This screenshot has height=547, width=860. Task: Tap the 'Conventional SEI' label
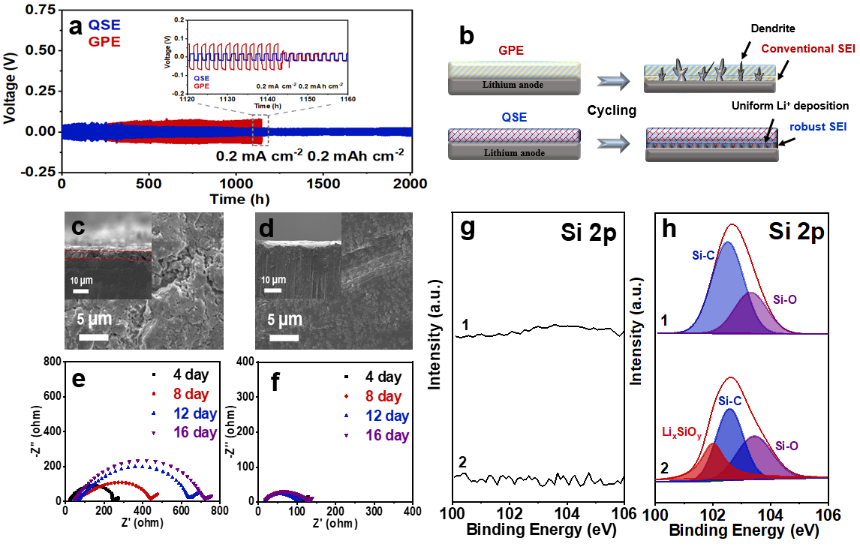tap(805, 49)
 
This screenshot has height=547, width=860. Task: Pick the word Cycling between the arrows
tap(612, 110)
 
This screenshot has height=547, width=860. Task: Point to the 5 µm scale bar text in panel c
tap(95, 320)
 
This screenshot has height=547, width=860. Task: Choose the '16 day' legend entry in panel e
tap(191, 432)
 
